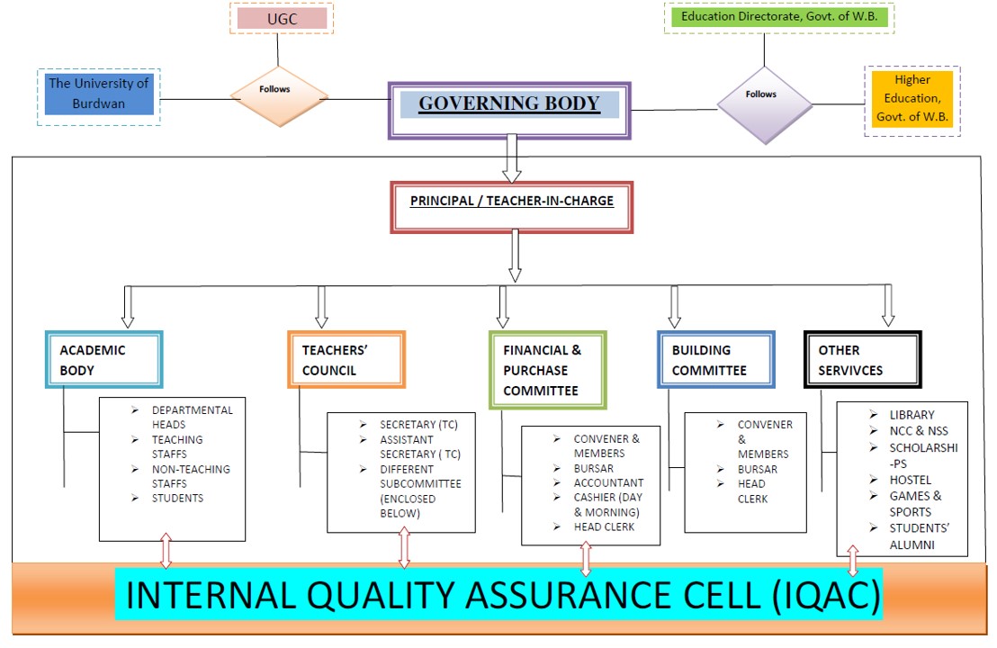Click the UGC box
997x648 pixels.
(x=282, y=18)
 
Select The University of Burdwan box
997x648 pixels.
(x=99, y=94)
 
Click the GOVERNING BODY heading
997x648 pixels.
(x=509, y=103)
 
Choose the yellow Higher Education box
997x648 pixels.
(x=912, y=99)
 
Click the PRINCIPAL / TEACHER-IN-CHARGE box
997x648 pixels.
(x=512, y=202)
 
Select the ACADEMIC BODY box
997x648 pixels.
(x=103, y=360)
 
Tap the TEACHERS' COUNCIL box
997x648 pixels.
(x=346, y=360)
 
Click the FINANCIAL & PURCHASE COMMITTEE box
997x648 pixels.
(x=547, y=370)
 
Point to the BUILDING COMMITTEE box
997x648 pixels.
(x=715, y=360)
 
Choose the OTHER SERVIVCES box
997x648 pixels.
(x=862, y=360)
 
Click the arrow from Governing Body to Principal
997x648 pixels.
(x=512, y=158)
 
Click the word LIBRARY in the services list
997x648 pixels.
(x=912, y=415)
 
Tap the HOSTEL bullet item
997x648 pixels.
(x=911, y=480)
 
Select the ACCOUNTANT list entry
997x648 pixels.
(x=608, y=483)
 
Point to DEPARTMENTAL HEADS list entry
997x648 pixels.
(x=192, y=417)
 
